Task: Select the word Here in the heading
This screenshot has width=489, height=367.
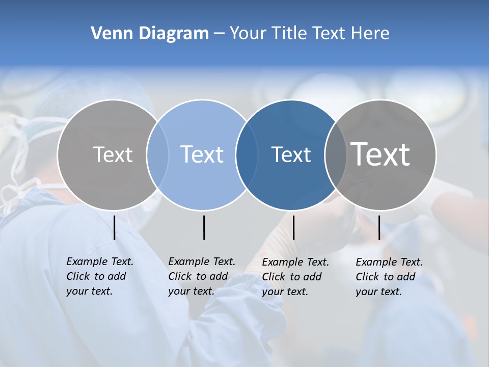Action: (x=371, y=34)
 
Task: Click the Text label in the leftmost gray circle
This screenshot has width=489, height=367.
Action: (x=113, y=154)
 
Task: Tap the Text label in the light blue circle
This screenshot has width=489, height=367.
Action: (x=202, y=154)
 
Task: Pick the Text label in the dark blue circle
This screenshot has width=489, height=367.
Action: (x=291, y=154)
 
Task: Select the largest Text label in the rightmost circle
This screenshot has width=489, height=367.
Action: (x=381, y=154)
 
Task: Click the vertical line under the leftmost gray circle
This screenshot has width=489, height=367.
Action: (x=115, y=227)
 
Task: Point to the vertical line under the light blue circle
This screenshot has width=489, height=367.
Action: (x=204, y=227)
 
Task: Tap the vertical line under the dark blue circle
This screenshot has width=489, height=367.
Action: (x=293, y=227)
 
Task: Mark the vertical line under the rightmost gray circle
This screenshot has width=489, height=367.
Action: (x=379, y=227)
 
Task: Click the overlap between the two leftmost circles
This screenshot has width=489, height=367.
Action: (x=157, y=155)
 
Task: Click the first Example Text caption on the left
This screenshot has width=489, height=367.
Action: (x=99, y=276)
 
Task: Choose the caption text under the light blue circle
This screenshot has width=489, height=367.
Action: (x=201, y=276)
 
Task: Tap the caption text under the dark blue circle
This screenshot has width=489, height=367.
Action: (x=295, y=277)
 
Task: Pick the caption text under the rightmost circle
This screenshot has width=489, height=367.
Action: (x=389, y=277)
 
